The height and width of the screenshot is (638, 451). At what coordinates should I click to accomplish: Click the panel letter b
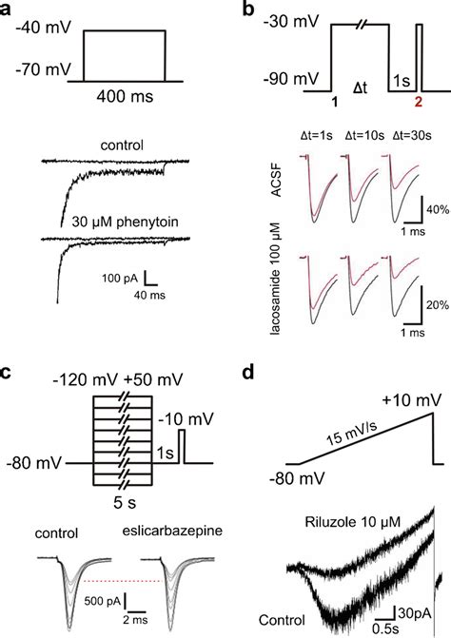tap(249, 10)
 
